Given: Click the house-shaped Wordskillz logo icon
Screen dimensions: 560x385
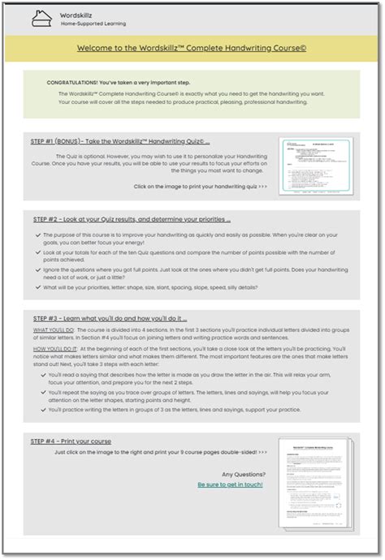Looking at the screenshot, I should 41,18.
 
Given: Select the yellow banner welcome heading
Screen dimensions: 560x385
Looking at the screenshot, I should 192,48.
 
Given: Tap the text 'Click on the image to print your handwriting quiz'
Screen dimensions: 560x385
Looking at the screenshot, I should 200,186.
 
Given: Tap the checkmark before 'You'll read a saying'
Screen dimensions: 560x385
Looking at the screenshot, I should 42,376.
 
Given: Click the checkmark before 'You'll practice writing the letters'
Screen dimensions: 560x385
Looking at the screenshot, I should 42,409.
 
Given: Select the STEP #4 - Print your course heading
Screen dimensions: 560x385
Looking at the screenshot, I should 71,441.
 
